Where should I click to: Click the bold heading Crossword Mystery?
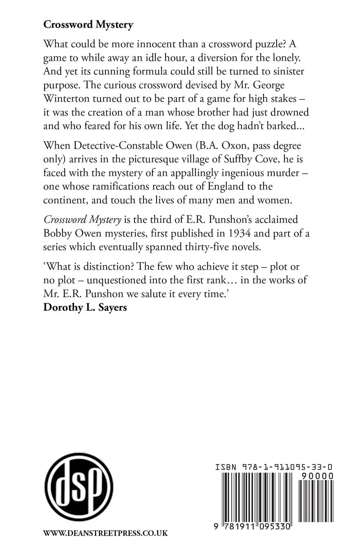(88, 25)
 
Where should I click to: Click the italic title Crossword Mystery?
(83, 220)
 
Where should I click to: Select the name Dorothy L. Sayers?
(85, 307)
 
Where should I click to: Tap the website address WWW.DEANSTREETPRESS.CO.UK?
(105, 533)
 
